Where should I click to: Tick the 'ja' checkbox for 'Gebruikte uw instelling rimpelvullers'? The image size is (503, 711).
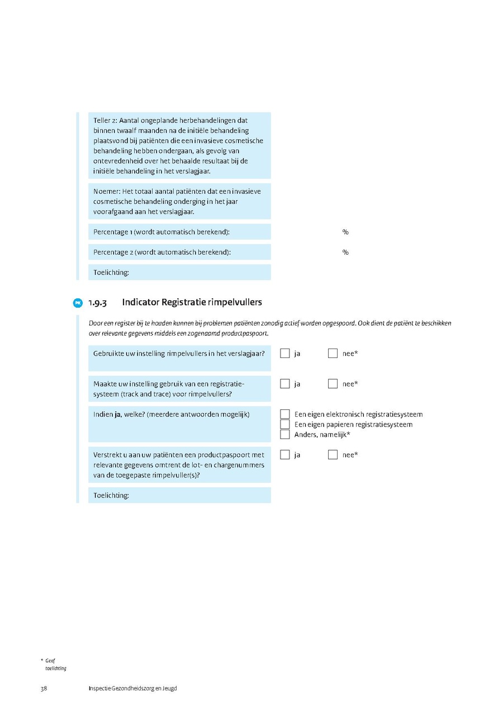tap(285, 354)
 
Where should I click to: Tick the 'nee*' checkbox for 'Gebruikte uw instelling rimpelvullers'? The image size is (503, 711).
tap(333, 354)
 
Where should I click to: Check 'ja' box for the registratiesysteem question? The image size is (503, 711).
tap(285, 384)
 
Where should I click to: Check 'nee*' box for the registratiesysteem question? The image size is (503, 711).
tap(333, 384)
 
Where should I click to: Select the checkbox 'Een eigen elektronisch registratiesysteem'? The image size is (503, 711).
tap(285, 414)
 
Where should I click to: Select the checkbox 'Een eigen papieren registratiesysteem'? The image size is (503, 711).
tap(285, 424)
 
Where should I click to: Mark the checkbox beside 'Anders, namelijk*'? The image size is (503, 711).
tap(285, 435)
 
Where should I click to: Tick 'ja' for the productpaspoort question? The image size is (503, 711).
tap(285, 455)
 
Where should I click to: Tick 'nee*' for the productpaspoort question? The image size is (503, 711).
tap(333, 455)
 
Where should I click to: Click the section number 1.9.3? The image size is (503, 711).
tap(97, 303)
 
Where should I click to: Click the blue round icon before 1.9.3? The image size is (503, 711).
tap(78, 303)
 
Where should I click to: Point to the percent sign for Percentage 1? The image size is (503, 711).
tap(345, 232)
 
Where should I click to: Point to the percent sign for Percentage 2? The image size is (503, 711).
tap(345, 252)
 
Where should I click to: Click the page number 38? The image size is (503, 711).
tap(44, 689)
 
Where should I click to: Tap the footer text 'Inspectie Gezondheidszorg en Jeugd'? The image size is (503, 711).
tap(132, 689)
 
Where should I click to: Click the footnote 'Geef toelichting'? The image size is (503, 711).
tap(54, 665)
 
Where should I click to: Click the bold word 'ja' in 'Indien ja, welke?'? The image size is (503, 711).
tap(118, 414)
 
